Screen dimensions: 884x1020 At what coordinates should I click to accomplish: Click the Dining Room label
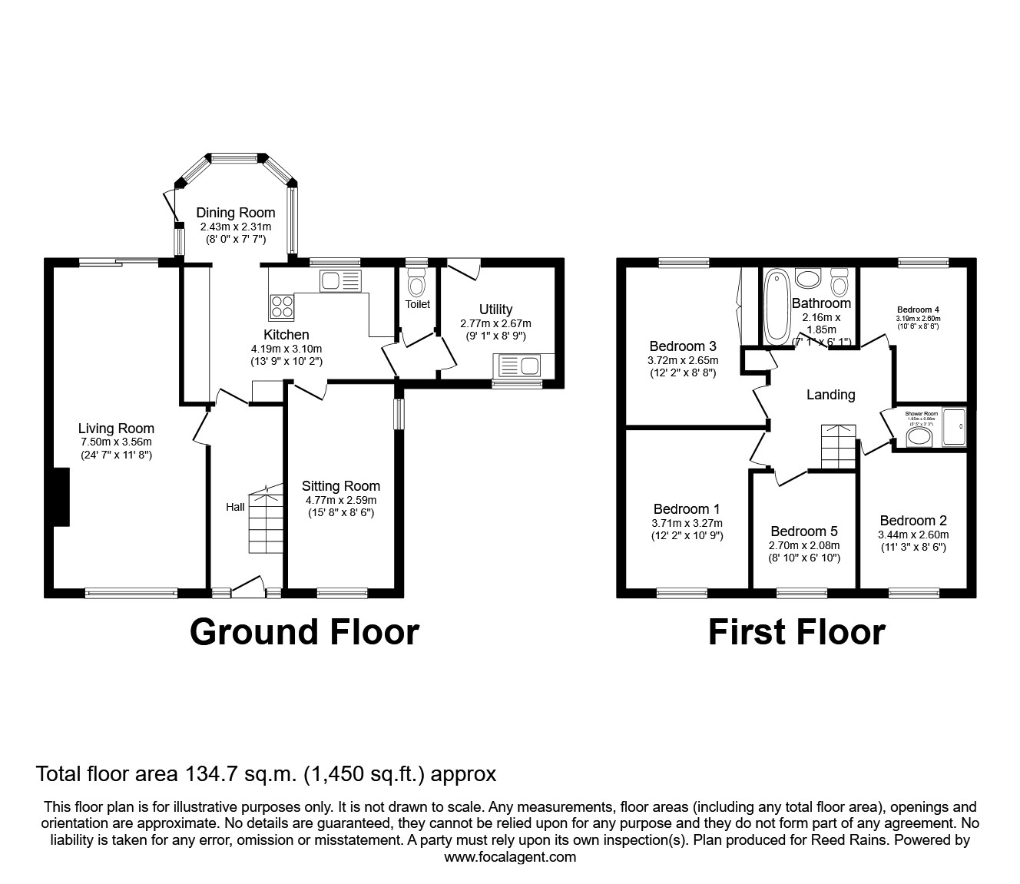pos(235,213)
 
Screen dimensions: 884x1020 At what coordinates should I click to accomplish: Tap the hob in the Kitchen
pos(281,307)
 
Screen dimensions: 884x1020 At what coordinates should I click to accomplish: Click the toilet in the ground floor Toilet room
pos(417,285)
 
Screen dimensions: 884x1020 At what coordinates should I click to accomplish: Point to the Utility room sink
pos(520,366)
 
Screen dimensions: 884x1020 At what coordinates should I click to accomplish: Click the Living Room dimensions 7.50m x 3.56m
pos(116,442)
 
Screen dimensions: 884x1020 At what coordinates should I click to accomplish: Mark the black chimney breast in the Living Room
pos(61,497)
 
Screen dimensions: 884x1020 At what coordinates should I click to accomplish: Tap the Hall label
pos(235,507)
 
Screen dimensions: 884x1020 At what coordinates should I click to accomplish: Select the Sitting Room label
pos(340,485)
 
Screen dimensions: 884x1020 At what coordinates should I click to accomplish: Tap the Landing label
pos(830,395)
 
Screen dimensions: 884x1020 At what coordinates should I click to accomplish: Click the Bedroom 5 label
pos(803,531)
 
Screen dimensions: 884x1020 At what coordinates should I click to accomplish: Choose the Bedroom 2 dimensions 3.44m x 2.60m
pos(912,535)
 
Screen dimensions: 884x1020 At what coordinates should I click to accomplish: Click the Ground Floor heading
pos(304,632)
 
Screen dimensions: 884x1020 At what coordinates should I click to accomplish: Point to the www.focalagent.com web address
pos(510,857)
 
